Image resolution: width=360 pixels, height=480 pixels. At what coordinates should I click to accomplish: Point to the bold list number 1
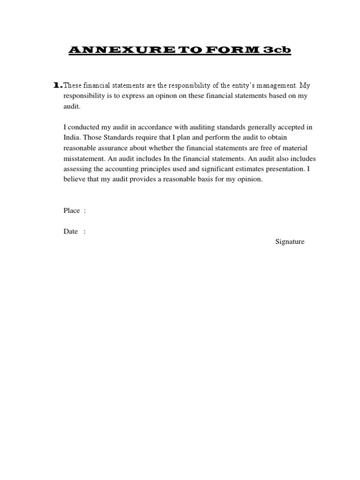(x=57, y=85)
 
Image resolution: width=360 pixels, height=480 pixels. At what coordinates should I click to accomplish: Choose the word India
(x=71, y=137)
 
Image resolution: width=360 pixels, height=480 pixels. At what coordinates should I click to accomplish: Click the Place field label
(x=72, y=210)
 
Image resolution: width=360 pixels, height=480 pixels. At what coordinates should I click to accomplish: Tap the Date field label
(x=71, y=232)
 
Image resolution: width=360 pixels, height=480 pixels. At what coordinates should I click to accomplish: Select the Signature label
(x=290, y=242)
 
